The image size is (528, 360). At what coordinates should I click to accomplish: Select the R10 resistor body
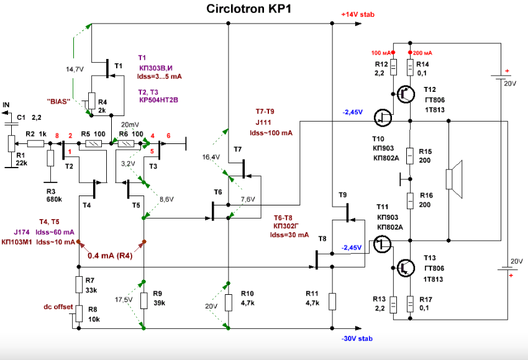[x=229, y=302]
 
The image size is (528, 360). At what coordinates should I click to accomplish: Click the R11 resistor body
[x=332, y=302]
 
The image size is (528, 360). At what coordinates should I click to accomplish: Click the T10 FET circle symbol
[x=383, y=117]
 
